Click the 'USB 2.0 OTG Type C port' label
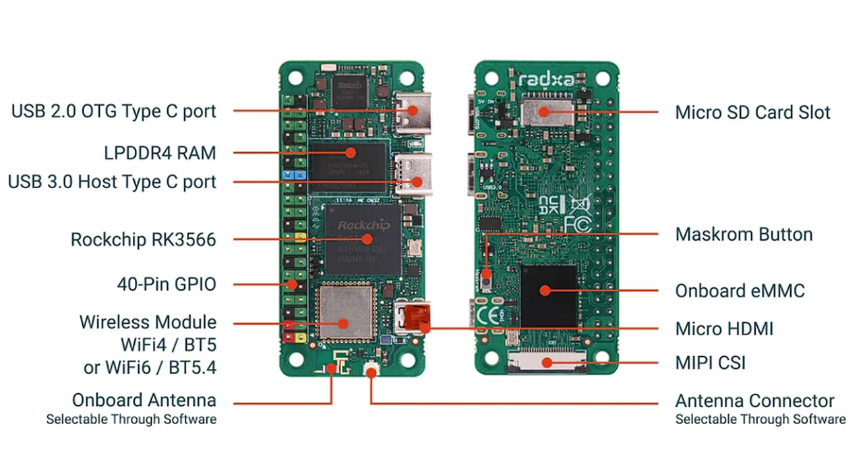click(113, 111)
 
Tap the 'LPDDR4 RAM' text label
click(160, 153)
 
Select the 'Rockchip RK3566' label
click(143, 239)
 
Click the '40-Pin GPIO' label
click(166, 285)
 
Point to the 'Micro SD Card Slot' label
click(752, 112)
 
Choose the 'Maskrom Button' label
click(744, 235)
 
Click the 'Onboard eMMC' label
click(740, 291)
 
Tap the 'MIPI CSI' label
click(710, 363)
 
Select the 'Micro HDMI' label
click(724, 328)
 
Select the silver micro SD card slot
click(547, 110)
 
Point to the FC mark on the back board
click(577, 223)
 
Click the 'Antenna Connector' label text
click(754, 401)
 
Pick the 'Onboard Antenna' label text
click(144, 400)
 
